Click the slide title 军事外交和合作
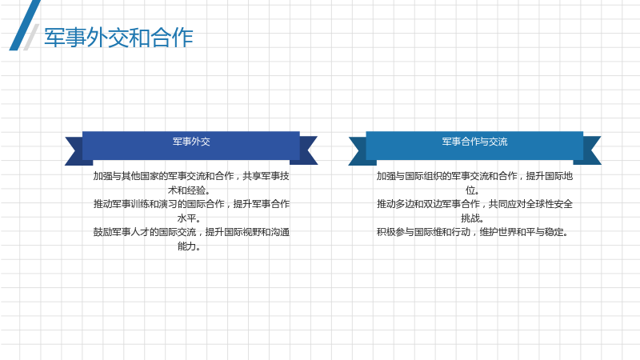[118, 38]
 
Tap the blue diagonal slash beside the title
[25, 26]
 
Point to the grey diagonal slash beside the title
[31, 37]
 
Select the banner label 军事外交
[191, 142]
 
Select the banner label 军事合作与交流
[474, 142]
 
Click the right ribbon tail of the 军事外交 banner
[307, 150]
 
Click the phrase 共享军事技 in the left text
[266, 176]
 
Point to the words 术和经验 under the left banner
[186, 190]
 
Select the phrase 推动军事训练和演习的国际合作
[158, 204]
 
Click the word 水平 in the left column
[186, 218]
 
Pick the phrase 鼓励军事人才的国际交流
[145, 232]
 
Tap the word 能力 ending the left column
[186, 246]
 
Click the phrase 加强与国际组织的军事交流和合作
[446, 176]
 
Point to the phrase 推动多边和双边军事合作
[428, 204]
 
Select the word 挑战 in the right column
[470, 218]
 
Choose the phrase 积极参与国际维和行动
[423, 232]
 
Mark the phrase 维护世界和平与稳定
[522, 232]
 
